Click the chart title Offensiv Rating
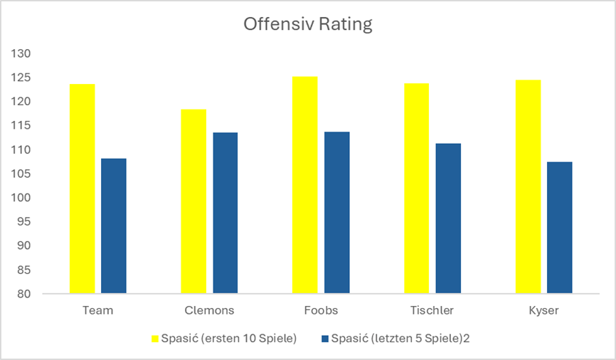[307, 24]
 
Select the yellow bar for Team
[82, 189]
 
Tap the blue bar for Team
[114, 226]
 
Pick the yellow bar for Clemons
[193, 201]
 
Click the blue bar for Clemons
[225, 213]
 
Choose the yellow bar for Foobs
[304, 185]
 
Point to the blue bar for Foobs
[336, 212]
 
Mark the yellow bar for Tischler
[416, 189]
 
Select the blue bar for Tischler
[448, 218]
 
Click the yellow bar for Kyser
[528, 186]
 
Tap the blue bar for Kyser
[560, 228]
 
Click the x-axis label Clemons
[209, 310]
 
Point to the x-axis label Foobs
[320, 310]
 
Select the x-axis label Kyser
[543, 310]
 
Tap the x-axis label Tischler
[432, 310]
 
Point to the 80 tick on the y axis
[25, 293]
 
